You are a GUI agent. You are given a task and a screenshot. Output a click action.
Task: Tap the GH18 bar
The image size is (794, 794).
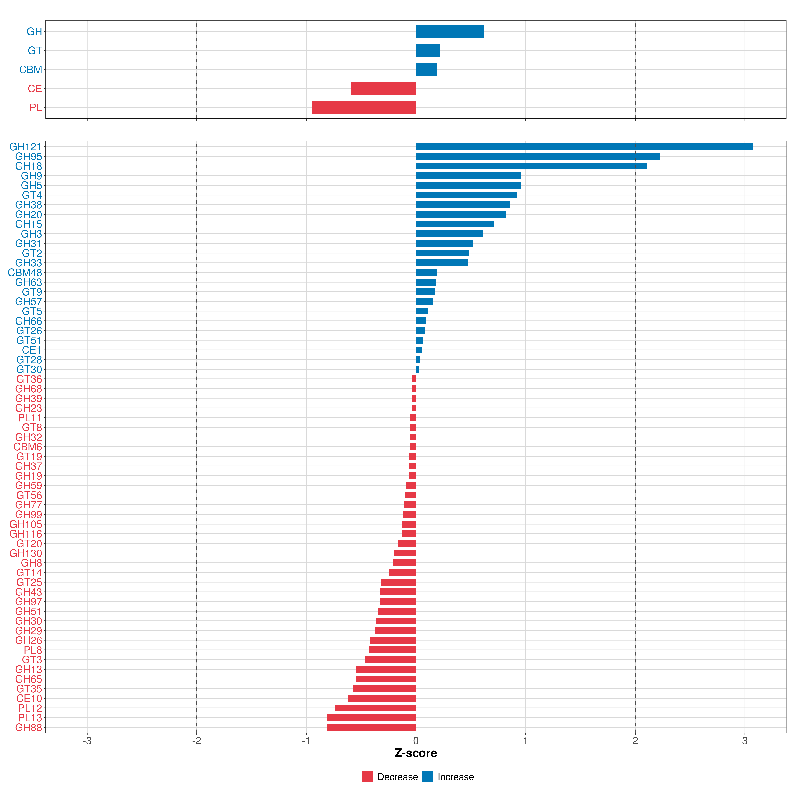click(x=531, y=166)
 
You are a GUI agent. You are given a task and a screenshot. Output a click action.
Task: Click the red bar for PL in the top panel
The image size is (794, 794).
click(x=364, y=107)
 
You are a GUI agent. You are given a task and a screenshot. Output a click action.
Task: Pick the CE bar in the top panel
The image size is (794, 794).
click(x=383, y=88)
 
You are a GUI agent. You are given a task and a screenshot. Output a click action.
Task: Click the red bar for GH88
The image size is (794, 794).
click(x=371, y=728)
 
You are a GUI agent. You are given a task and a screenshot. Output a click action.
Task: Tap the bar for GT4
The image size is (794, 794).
click(x=466, y=195)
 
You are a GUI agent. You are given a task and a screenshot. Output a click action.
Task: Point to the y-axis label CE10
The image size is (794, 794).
click(x=29, y=698)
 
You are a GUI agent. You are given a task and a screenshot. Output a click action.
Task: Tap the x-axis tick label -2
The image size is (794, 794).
click(x=197, y=741)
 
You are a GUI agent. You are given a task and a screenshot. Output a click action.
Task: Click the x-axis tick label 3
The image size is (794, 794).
click(x=745, y=741)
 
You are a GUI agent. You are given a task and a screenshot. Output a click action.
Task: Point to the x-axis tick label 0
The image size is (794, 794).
click(x=416, y=741)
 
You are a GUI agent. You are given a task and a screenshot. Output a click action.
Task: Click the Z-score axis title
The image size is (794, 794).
click(x=416, y=753)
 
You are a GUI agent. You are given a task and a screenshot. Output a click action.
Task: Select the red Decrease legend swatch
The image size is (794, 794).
click(x=367, y=777)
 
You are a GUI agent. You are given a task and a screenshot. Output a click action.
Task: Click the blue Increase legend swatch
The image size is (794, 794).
click(x=428, y=777)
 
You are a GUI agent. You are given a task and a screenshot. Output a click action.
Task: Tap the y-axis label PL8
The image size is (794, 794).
click(x=33, y=650)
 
